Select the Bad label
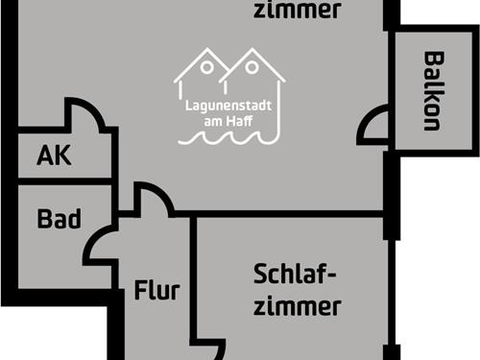coord(58,219)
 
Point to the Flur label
coord(157,290)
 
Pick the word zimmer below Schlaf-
coord(299,307)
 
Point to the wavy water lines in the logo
coord(228,136)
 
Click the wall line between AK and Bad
coord(63,181)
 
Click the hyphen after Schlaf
coord(331,276)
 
